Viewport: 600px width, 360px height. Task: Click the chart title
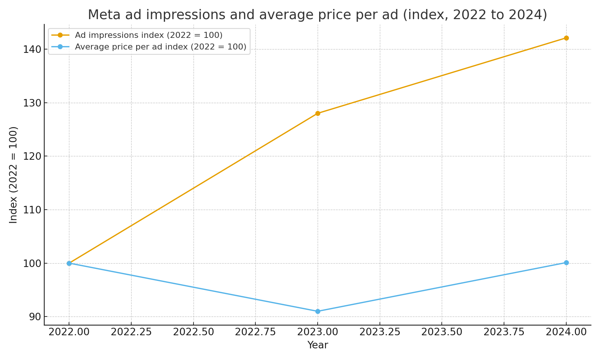point(317,15)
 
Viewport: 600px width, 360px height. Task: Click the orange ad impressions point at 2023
point(318,113)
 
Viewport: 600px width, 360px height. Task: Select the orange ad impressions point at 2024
point(566,38)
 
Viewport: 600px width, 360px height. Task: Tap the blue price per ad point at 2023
point(318,311)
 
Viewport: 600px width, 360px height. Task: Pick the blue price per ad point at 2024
point(566,262)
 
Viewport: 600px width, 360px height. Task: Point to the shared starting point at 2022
point(69,263)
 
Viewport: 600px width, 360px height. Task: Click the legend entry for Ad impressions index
point(148,35)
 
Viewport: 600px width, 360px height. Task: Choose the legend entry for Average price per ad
point(160,47)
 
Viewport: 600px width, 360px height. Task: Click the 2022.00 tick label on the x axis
point(69,332)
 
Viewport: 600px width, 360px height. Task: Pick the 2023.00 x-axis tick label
point(318,332)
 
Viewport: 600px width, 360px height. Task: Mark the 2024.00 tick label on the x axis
point(566,332)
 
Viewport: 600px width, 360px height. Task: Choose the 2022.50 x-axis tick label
point(193,332)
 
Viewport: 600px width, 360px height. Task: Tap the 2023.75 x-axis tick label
point(504,332)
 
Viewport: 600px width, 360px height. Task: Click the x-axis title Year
point(318,345)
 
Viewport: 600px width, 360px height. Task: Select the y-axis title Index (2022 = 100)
point(13,175)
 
